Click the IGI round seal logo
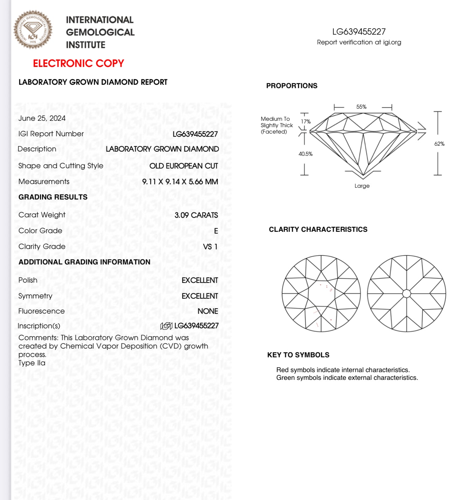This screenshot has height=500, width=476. pyautogui.click(x=33, y=30)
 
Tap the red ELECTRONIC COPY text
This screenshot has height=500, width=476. pyautogui.click(x=78, y=63)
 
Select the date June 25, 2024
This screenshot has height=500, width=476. pyautogui.click(x=42, y=118)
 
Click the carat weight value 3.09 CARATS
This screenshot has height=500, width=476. pyautogui.click(x=196, y=215)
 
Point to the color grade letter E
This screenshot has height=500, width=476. pyautogui.click(x=216, y=231)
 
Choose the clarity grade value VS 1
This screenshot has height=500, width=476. pyautogui.click(x=210, y=247)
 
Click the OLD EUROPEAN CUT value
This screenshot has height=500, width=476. pyautogui.click(x=184, y=166)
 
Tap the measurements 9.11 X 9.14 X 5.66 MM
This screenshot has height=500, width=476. pyautogui.click(x=180, y=182)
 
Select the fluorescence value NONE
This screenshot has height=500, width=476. pyautogui.click(x=208, y=311)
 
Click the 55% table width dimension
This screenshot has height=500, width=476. pyautogui.click(x=361, y=107)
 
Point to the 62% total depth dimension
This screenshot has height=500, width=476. pyautogui.click(x=439, y=144)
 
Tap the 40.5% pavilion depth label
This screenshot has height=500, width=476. pyautogui.click(x=306, y=154)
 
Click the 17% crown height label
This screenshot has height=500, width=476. pyautogui.click(x=306, y=121)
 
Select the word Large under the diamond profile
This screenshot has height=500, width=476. pyautogui.click(x=362, y=186)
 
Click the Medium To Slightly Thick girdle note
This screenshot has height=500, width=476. pyautogui.click(x=277, y=125)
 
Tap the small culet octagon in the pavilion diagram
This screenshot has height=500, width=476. pyautogui.click(x=407, y=293)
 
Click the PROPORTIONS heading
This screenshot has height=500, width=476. pyautogui.click(x=292, y=86)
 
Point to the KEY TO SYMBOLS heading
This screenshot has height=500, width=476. pyautogui.click(x=298, y=355)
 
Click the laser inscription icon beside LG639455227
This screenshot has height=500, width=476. pyautogui.click(x=166, y=326)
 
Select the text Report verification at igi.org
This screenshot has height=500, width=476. pyautogui.click(x=359, y=42)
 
